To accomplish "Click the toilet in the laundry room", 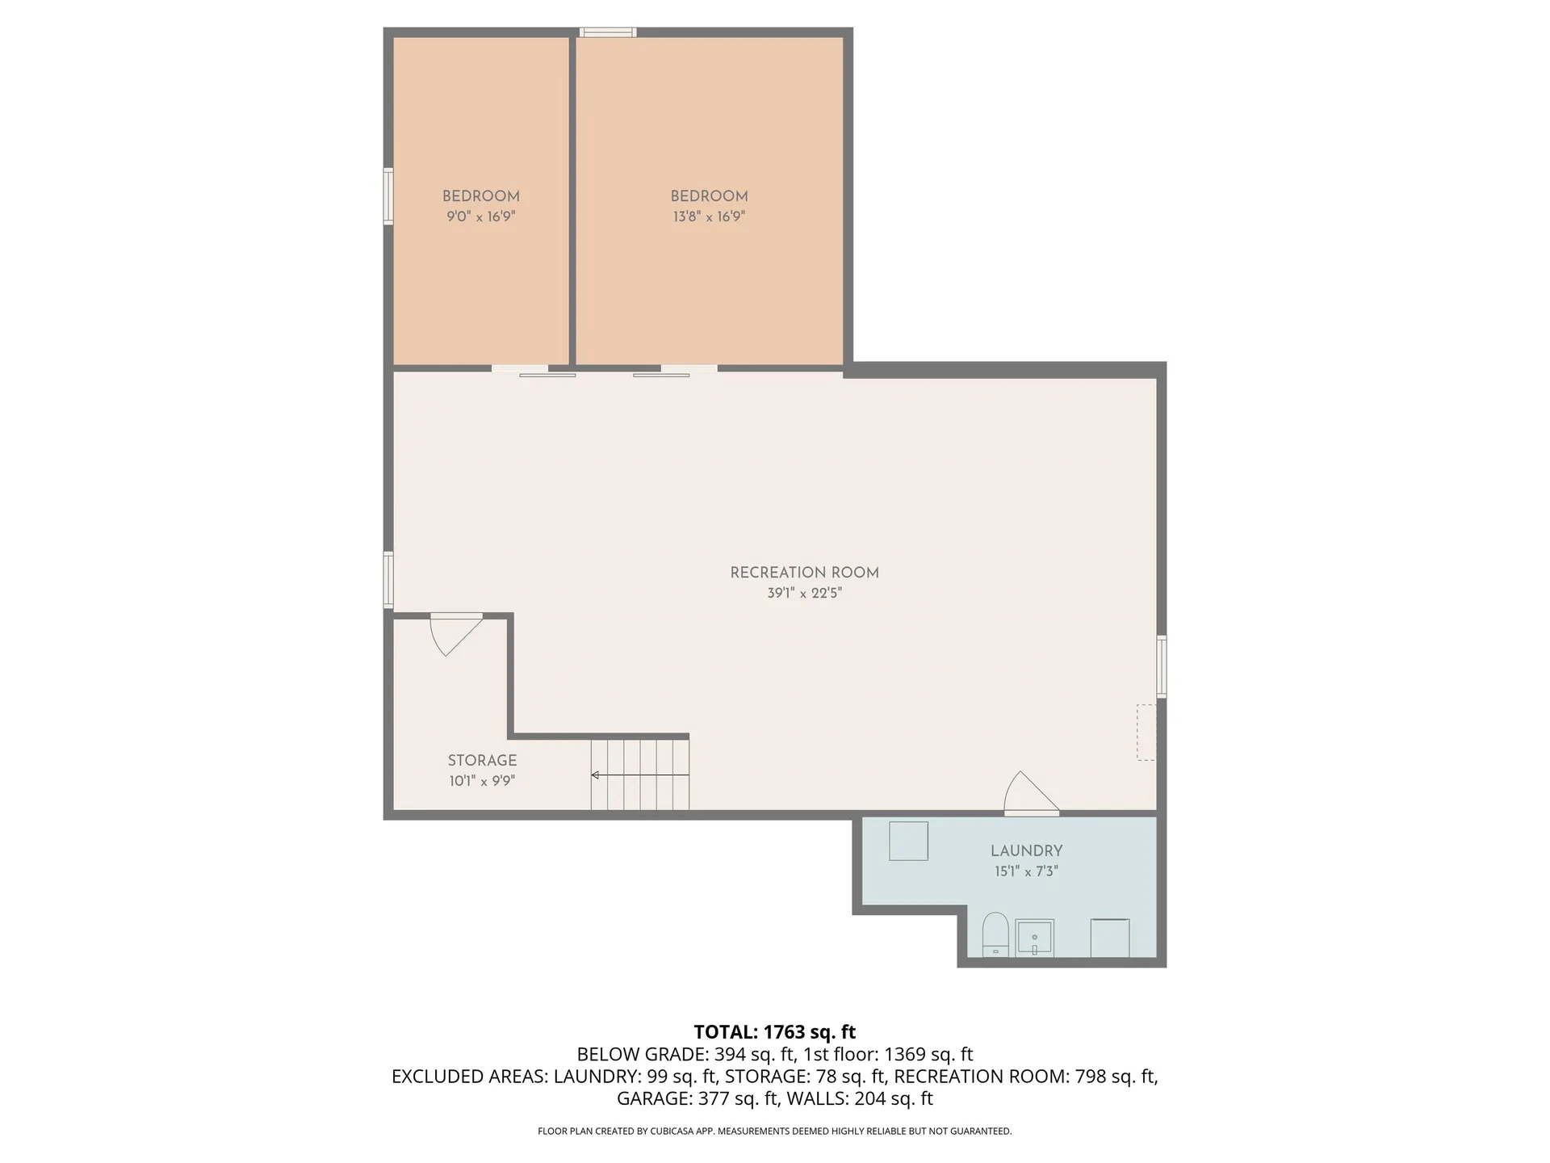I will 995,934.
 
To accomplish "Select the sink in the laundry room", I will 1034,938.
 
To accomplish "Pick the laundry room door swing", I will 1028,794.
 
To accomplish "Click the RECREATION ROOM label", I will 804,573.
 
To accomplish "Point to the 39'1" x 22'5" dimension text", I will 804,594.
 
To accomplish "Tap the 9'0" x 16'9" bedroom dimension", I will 480,216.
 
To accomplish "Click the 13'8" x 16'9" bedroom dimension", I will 709,216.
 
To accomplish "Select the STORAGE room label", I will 482,760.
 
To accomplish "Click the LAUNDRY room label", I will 1026,850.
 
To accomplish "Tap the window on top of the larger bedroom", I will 608,32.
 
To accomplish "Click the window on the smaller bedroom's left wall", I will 388,195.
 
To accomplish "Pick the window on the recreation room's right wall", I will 1162,666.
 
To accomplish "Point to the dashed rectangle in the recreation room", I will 1146,732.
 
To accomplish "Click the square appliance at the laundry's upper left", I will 908,841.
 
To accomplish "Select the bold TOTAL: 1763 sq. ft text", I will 774,1032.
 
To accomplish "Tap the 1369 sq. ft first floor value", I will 928,1054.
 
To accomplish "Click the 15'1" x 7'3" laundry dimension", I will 1026,871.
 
